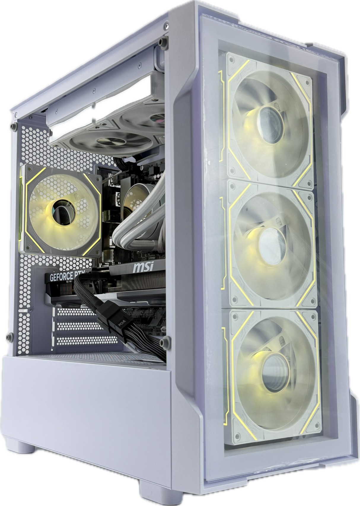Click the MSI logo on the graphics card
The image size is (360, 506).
[x=143, y=268]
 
